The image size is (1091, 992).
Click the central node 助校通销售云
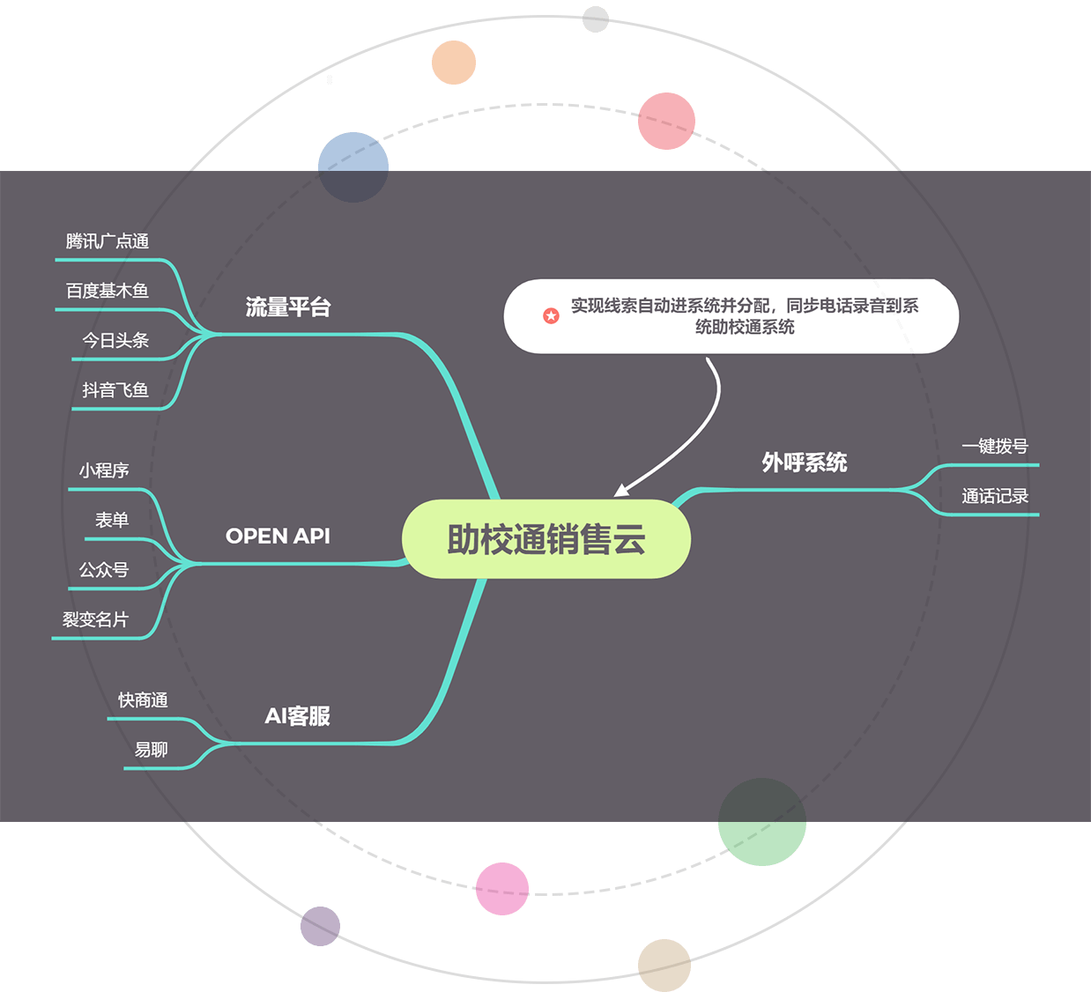(546, 539)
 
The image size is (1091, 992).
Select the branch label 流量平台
(288, 307)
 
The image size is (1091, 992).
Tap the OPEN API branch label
(278, 536)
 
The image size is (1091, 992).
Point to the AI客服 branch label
(297, 716)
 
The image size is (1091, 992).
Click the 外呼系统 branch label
(804, 463)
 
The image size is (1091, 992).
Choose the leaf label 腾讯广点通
(108, 241)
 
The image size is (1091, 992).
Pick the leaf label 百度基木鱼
(108, 291)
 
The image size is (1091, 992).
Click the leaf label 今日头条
(115, 340)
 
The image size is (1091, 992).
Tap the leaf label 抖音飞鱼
(115, 390)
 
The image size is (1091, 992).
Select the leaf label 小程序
(104, 470)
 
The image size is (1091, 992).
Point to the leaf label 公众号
(104, 570)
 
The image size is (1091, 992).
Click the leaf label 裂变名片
(95, 619)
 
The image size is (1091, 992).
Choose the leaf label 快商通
(143, 700)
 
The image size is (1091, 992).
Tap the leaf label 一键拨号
(995, 447)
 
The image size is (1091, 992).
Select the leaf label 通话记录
(995, 496)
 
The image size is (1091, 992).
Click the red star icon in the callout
(551, 315)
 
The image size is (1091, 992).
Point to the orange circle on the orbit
(454, 63)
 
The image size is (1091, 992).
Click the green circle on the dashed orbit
(762, 822)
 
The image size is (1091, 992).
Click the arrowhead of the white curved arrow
(620, 491)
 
